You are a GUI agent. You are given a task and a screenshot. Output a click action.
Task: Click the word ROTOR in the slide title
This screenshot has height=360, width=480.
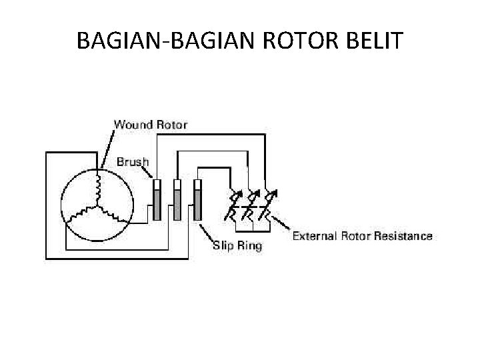pyautogui.click(x=295, y=41)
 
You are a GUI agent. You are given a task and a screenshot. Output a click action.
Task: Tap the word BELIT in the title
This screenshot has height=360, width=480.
pyautogui.click(x=374, y=41)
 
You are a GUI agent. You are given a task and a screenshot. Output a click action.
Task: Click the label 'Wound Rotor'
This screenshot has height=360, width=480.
pyautogui.click(x=151, y=124)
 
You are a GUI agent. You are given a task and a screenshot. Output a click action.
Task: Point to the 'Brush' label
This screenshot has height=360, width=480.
pyautogui.click(x=133, y=161)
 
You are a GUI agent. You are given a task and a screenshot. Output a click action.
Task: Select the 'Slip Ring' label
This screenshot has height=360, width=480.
pyautogui.click(x=237, y=246)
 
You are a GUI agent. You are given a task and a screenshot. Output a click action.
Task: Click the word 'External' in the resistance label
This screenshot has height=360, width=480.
pyautogui.click(x=316, y=235)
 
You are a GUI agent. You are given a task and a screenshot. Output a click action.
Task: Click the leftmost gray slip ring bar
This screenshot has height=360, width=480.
pyautogui.click(x=157, y=204)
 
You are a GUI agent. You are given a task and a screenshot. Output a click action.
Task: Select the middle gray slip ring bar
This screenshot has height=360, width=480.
pyautogui.click(x=177, y=204)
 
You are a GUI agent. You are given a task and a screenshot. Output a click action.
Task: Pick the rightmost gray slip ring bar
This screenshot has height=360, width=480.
pyautogui.click(x=198, y=204)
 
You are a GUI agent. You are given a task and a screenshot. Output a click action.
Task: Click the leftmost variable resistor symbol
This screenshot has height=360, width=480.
pyautogui.click(x=233, y=204)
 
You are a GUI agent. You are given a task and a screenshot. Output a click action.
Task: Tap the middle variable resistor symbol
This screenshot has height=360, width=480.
pyautogui.click(x=251, y=204)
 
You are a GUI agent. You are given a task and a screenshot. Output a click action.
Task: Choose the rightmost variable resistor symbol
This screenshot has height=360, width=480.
pyautogui.click(x=268, y=204)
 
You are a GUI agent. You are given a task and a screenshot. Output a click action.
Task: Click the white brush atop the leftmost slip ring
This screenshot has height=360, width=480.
pyautogui.click(x=157, y=183)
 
